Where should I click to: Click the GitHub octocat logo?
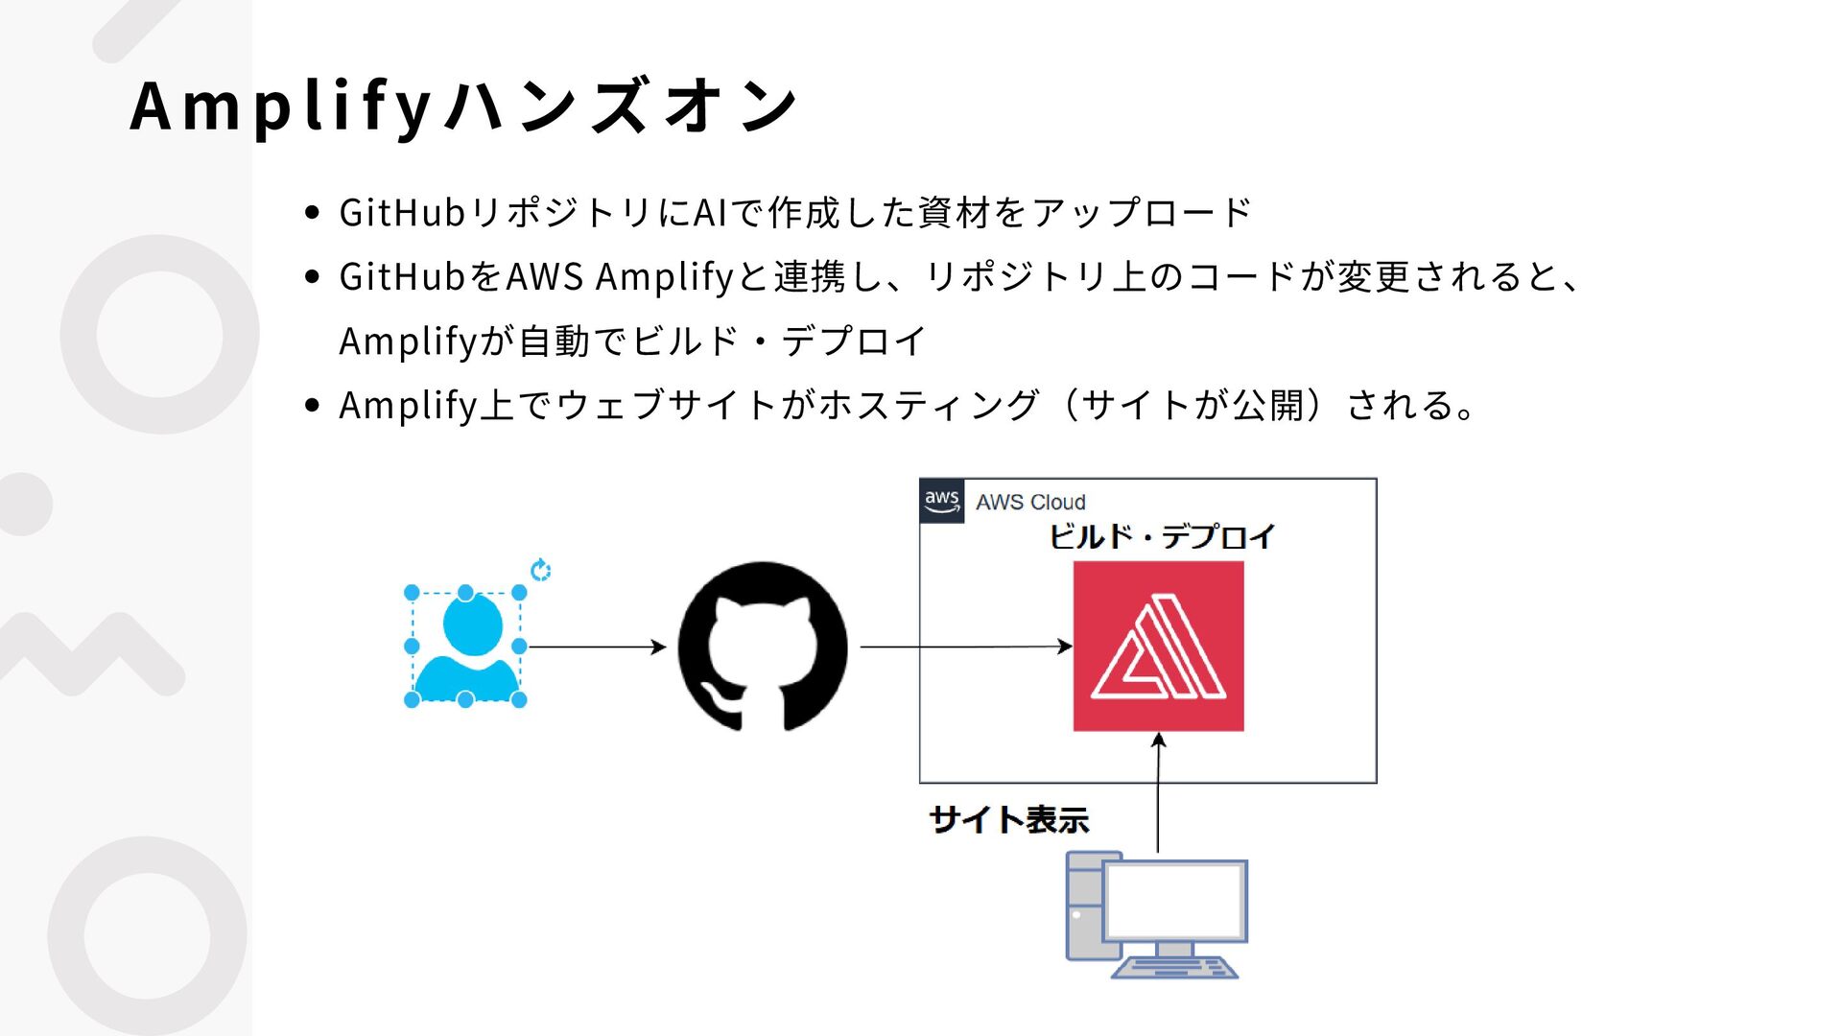pos(763,647)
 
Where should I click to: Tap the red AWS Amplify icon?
pos(1158,647)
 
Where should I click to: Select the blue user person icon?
pos(466,647)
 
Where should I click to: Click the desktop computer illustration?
pos(1156,916)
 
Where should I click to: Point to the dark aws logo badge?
pos(941,501)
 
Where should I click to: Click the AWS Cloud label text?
pos(1030,502)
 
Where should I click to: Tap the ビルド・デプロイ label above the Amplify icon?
pos(1161,536)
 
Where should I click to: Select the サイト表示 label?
pos(1009,820)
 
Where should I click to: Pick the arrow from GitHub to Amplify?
pos(965,647)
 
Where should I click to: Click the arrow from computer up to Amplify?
pos(1158,792)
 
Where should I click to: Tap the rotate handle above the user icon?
pos(541,571)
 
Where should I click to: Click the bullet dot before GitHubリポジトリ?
pos(311,212)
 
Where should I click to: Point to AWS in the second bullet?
pos(544,277)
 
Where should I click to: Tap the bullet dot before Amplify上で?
pos(311,405)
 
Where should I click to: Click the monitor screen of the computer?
pos(1174,901)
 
